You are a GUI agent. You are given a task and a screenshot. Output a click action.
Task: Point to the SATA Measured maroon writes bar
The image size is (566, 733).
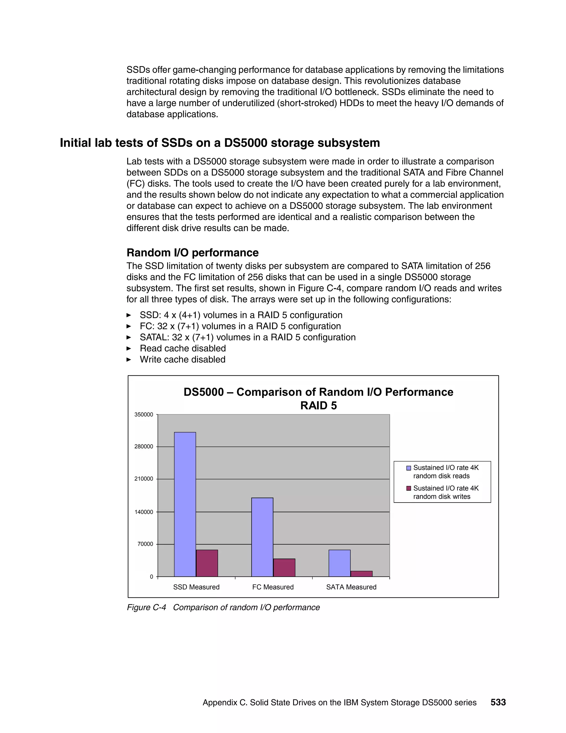[x=361, y=574]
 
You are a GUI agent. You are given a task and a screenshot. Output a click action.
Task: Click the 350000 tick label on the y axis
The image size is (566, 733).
[x=143, y=415]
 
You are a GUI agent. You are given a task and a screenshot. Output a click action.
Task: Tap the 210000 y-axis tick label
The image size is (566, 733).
[x=143, y=479]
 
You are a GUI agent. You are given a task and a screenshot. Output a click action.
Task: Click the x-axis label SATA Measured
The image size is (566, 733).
[x=351, y=587]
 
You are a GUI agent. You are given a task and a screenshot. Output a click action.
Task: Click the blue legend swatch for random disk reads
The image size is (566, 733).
[x=408, y=468]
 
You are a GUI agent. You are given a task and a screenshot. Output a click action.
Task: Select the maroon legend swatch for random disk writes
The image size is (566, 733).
[x=408, y=488]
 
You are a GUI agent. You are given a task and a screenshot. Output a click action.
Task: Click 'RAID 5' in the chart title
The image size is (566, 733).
[x=318, y=406]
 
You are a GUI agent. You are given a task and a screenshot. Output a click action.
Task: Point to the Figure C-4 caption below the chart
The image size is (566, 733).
[x=223, y=607]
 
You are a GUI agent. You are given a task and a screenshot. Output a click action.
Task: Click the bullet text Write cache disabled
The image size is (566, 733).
[x=182, y=360]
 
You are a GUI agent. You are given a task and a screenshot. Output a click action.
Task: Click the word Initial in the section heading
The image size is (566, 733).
[x=75, y=143]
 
